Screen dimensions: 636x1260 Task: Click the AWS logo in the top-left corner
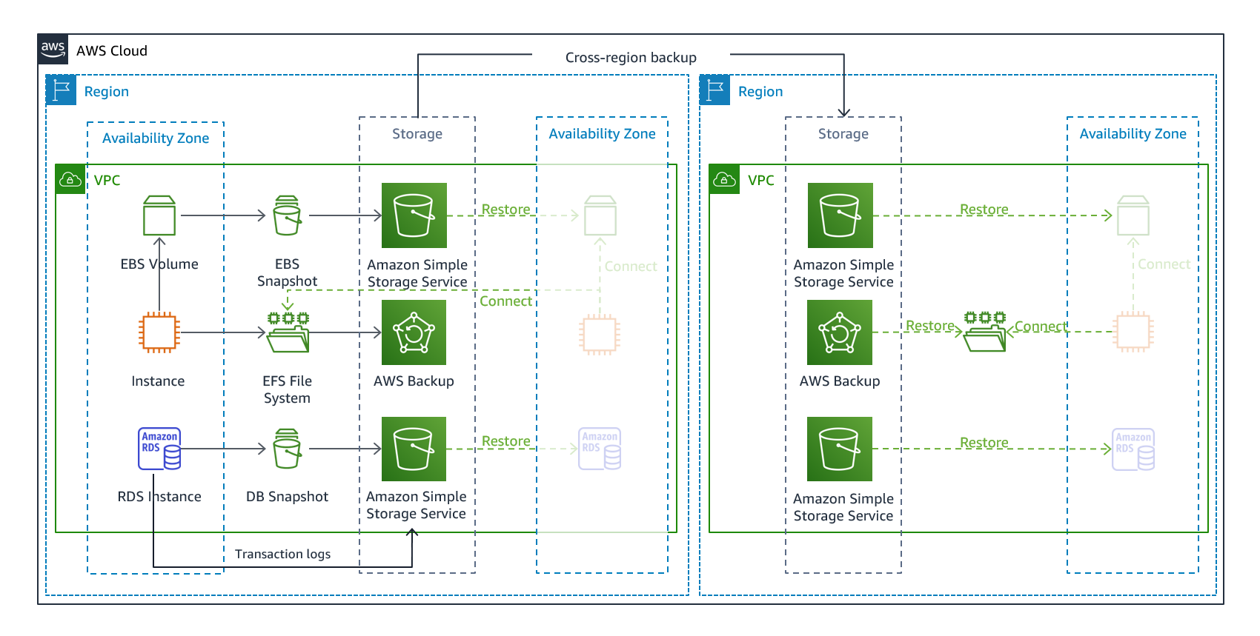pyautogui.click(x=53, y=50)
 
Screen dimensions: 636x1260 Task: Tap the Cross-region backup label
pyautogui.click(x=631, y=58)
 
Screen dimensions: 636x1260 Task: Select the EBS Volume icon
pyautogui.click(x=159, y=215)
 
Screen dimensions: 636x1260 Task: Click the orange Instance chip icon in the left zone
pyautogui.click(x=159, y=332)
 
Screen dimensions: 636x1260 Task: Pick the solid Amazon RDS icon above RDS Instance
pyautogui.click(x=159, y=449)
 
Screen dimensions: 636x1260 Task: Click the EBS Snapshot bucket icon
pyautogui.click(x=287, y=215)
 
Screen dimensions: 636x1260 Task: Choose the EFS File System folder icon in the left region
pyautogui.click(x=288, y=332)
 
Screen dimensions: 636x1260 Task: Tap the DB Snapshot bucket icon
pyautogui.click(x=287, y=449)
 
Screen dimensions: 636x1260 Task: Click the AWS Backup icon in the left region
pyautogui.click(x=414, y=332)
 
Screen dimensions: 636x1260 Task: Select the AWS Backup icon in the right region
pyautogui.click(x=840, y=332)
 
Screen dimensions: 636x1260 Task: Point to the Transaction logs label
pyautogui.click(x=282, y=554)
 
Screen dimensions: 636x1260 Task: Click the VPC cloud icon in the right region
pyautogui.click(x=724, y=180)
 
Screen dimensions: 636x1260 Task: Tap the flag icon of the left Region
pyautogui.click(x=62, y=90)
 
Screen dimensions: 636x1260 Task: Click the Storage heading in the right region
pyautogui.click(x=843, y=134)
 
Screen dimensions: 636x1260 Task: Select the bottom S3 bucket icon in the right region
pyautogui.click(x=840, y=449)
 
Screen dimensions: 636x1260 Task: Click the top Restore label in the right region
pyautogui.click(x=984, y=210)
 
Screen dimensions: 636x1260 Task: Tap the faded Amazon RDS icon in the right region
pyautogui.click(x=1133, y=449)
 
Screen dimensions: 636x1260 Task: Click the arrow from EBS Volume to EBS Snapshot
pyautogui.click(x=222, y=215)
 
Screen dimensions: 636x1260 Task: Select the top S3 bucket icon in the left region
pyautogui.click(x=414, y=215)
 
